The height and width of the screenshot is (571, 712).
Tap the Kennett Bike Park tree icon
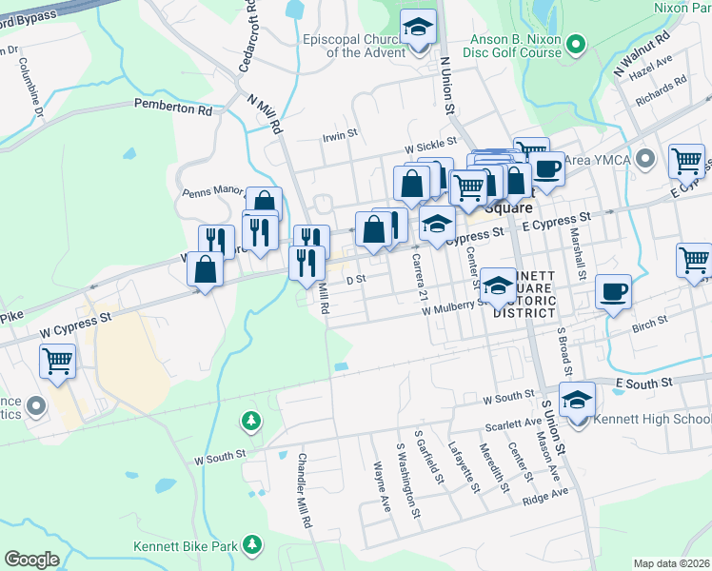click(x=251, y=543)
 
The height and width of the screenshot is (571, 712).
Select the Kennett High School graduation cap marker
click(x=576, y=401)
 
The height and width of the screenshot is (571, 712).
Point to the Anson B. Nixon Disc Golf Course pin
click(x=575, y=44)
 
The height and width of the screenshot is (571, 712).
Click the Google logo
click(x=31, y=559)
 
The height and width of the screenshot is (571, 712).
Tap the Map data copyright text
click(x=670, y=563)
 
